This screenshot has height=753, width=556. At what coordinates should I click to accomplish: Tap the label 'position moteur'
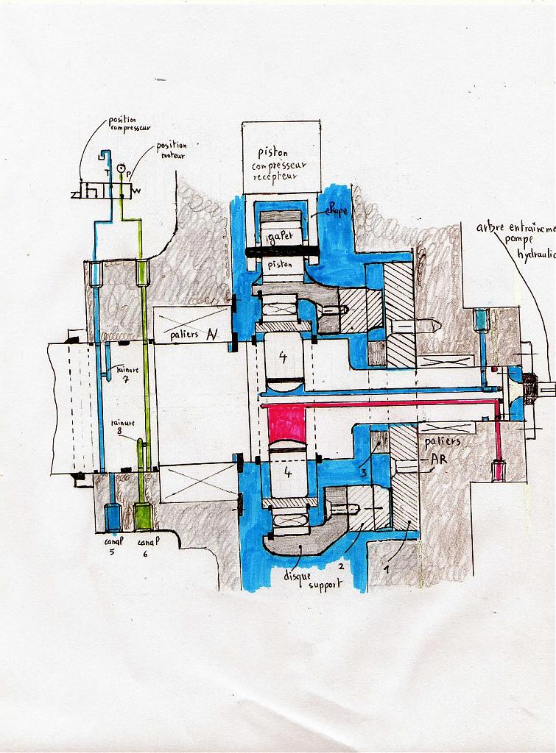pyautogui.click(x=171, y=150)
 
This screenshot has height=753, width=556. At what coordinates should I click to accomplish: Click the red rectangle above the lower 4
pyautogui.click(x=286, y=424)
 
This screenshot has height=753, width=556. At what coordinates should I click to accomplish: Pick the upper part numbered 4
pyautogui.click(x=284, y=357)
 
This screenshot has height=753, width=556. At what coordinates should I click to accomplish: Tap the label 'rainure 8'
pyautogui.click(x=122, y=428)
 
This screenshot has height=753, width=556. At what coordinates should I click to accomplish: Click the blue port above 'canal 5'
pyautogui.click(x=113, y=518)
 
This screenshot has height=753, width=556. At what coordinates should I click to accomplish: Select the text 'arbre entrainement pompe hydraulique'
pyautogui.click(x=518, y=240)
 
